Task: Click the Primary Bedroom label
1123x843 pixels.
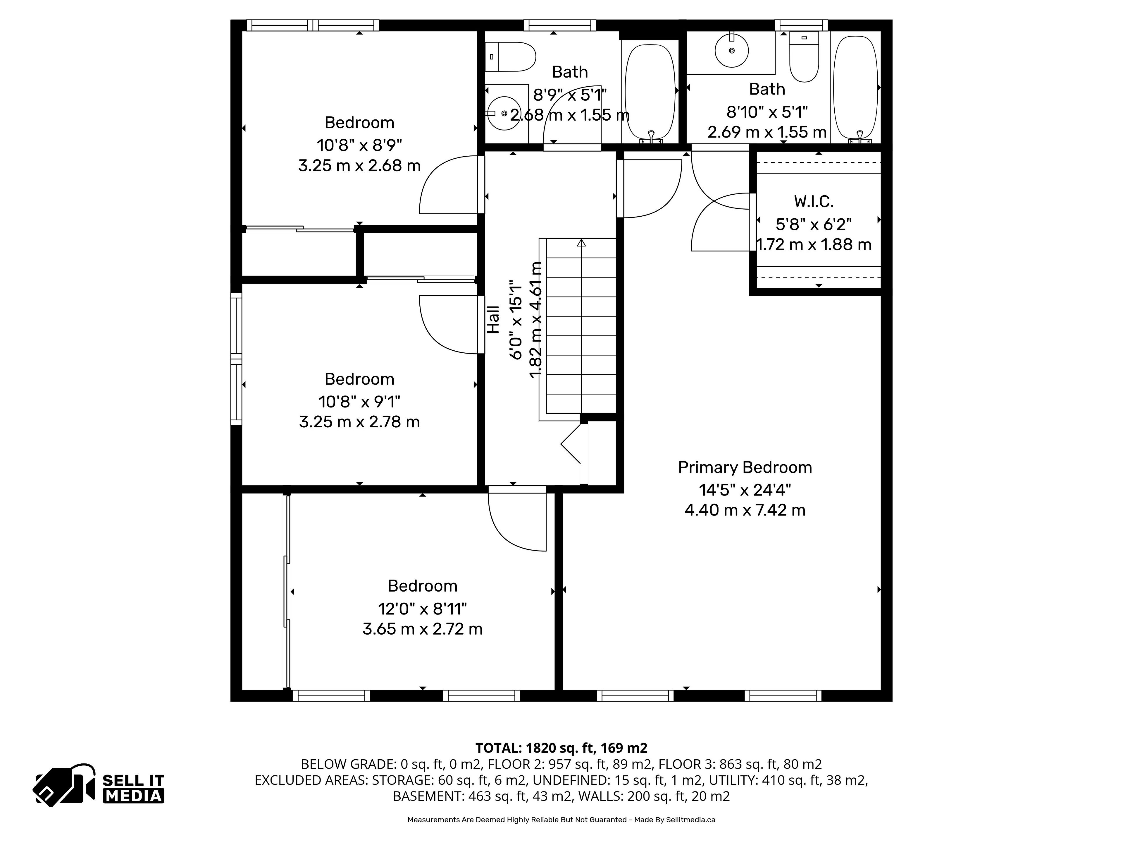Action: [745, 467]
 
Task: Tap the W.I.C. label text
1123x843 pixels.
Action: [814, 202]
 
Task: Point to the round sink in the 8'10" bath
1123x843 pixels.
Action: [732, 50]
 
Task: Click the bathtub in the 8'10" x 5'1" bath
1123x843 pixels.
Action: [855, 88]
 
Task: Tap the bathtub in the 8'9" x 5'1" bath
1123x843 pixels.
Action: [650, 91]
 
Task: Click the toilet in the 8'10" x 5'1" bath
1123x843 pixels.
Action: [804, 57]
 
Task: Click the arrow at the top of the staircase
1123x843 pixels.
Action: [581, 243]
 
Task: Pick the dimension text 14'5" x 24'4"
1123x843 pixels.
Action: [745, 490]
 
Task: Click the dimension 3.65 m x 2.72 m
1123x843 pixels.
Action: [422, 629]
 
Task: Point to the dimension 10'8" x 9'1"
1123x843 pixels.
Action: [359, 402]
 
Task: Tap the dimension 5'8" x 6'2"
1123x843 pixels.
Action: [814, 224]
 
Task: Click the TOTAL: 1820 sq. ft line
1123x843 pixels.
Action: [561, 748]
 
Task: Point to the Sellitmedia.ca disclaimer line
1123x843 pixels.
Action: [561, 820]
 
